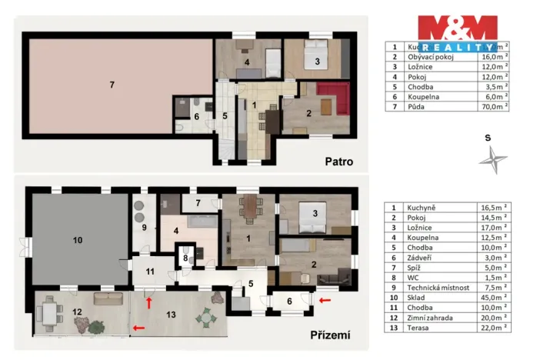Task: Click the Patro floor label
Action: pyautogui.click(x=339, y=162)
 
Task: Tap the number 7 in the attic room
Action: pyautogui.click(x=112, y=84)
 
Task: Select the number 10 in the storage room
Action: pyautogui.click(x=77, y=240)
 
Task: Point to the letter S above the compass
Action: pyautogui.click(x=487, y=138)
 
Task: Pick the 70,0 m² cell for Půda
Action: pyautogui.click(x=495, y=106)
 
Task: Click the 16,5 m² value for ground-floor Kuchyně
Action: pyautogui.click(x=495, y=208)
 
